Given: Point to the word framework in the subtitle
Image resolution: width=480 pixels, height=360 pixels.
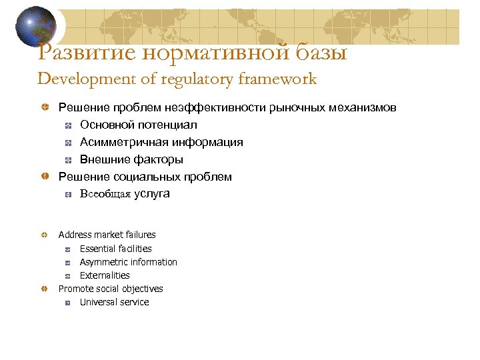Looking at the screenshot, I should click(275, 79).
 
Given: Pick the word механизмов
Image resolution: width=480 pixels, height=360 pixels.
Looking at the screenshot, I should click(363, 107).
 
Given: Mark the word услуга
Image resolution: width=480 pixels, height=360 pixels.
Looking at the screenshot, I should click(152, 194).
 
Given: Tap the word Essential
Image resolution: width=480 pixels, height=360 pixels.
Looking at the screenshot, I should click(97, 249).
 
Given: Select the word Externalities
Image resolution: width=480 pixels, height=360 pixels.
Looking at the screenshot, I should click(105, 275).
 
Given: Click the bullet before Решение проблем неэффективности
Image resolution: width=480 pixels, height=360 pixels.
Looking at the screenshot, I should click(44, 107).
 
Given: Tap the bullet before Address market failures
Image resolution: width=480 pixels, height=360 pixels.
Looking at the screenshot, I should click(44, 235).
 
